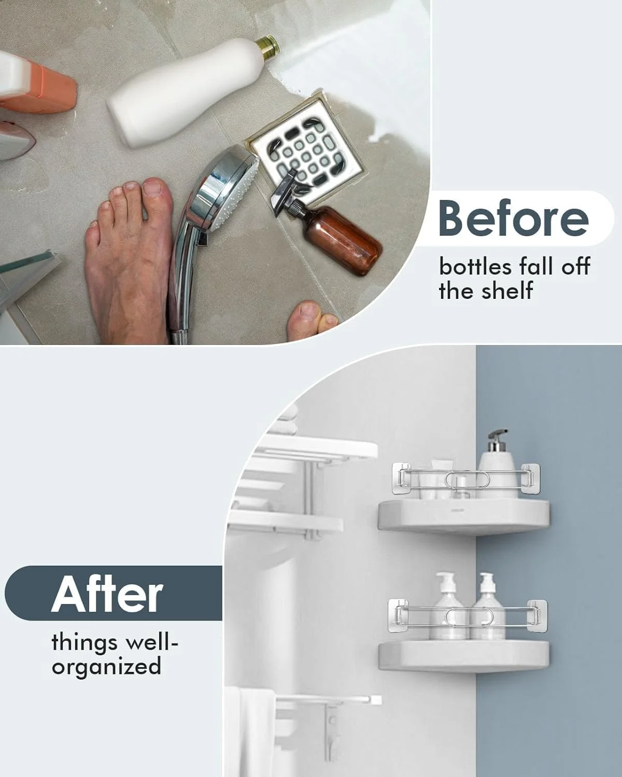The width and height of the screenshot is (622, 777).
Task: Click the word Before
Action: [514, 219]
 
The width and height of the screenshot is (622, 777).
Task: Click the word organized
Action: [106, 666]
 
